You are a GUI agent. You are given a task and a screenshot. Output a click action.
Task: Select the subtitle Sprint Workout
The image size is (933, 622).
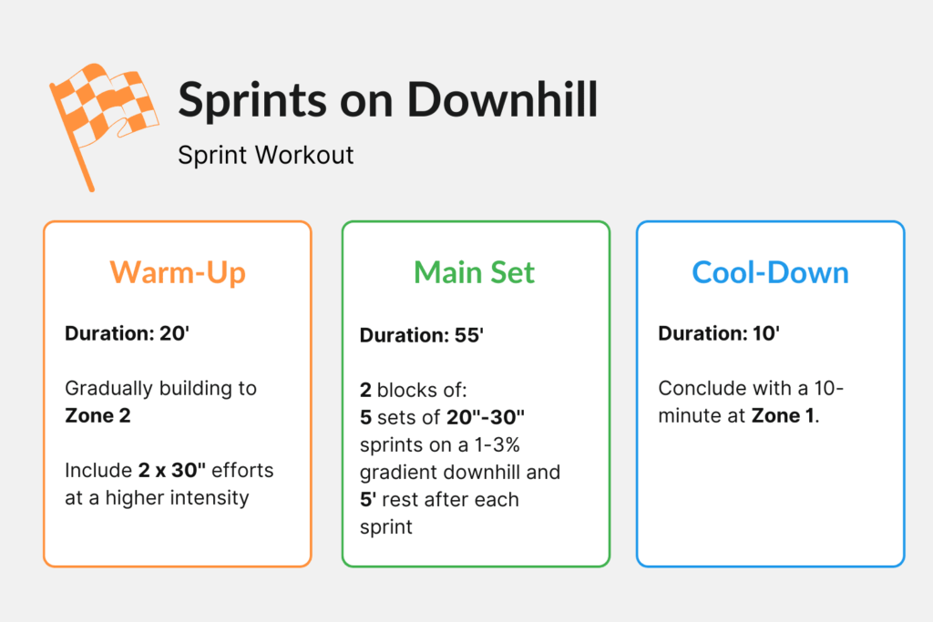[265, 154]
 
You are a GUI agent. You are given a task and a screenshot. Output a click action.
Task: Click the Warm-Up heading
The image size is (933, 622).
[178, 272]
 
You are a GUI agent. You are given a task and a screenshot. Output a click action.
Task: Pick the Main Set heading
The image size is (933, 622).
[474, 272]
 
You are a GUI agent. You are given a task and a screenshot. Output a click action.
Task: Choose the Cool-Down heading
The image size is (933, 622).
[770, 272]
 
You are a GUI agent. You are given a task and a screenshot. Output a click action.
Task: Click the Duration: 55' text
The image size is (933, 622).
[421, 335]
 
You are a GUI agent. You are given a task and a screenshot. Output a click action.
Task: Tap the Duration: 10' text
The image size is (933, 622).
[719, 333]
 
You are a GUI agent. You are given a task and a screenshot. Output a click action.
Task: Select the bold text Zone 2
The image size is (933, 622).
[97, 415]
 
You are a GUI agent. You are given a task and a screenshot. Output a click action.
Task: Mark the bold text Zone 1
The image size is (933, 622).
[784, 415]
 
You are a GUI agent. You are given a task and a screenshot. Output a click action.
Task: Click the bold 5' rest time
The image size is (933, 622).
[368, 499]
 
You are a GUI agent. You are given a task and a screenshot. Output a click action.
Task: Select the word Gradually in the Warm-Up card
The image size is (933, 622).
[106, 388]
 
